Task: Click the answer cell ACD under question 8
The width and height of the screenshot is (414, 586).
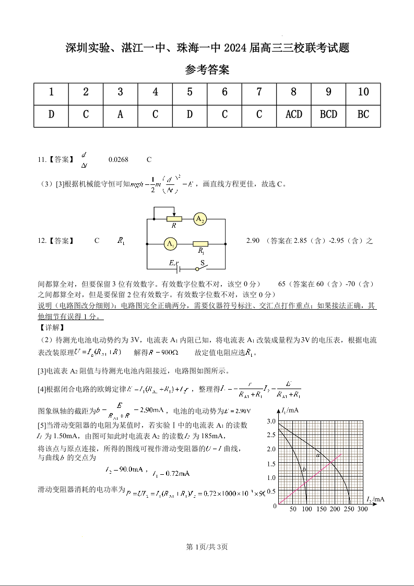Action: point(294,114)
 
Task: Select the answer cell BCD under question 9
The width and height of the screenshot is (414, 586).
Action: point(328,114)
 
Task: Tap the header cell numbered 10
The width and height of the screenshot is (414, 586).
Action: point(363,92)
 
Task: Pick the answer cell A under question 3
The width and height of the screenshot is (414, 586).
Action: point(120,114)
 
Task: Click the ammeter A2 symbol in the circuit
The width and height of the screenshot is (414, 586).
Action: point(200,219)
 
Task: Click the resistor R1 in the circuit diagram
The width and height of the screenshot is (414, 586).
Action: point(200,244)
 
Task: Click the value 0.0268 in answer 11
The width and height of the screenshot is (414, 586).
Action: point(118,160)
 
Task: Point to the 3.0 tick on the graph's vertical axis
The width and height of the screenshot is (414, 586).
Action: point(271,421)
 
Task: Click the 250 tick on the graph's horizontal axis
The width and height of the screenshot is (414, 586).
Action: point(348,509)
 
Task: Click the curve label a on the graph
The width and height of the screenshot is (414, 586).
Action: point(318,455)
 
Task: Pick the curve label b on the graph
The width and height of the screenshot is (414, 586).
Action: point(303,470)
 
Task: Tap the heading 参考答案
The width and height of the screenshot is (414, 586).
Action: point(207,69)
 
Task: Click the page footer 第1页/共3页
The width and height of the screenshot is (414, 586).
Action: point(207,547)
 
